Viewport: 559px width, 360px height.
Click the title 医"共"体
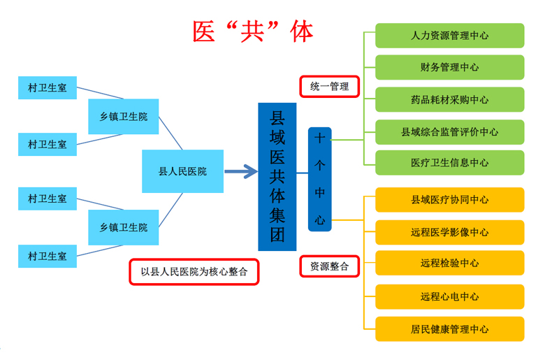point(253,31)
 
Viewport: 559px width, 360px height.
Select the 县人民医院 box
point(182,171)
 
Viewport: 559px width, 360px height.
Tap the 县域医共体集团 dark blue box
point(277,177)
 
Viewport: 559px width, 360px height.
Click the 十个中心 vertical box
point(319,179)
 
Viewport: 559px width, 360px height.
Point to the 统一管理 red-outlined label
point(329,87)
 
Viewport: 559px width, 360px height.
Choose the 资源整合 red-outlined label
point(329,266)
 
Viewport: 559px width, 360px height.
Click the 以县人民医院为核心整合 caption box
point(194,272)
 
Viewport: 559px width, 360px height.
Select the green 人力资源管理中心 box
point(449,36)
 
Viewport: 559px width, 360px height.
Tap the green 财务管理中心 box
point(449,68)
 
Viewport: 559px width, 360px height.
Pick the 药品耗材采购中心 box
point(449,99)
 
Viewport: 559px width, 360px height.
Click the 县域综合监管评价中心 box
point(449,131)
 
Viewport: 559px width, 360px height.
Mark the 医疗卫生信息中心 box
point(449,163)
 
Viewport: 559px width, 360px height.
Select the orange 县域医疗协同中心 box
point(449,200)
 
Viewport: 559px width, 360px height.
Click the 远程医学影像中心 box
point(449,232)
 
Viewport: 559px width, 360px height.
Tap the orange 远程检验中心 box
point(449,264)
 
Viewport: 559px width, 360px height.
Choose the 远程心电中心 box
point(449,296)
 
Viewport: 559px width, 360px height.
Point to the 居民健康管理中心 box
point(449,329)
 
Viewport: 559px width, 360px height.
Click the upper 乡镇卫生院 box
point(124,116)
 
